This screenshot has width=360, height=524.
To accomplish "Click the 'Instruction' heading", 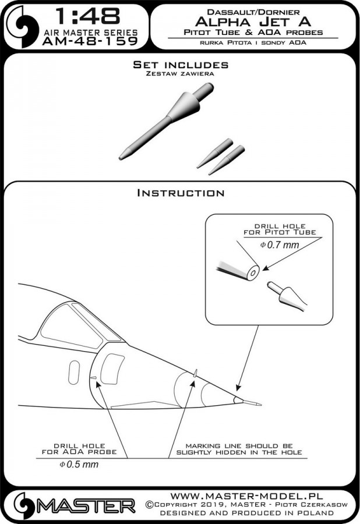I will pyautogui.click(x=180, y=192).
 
